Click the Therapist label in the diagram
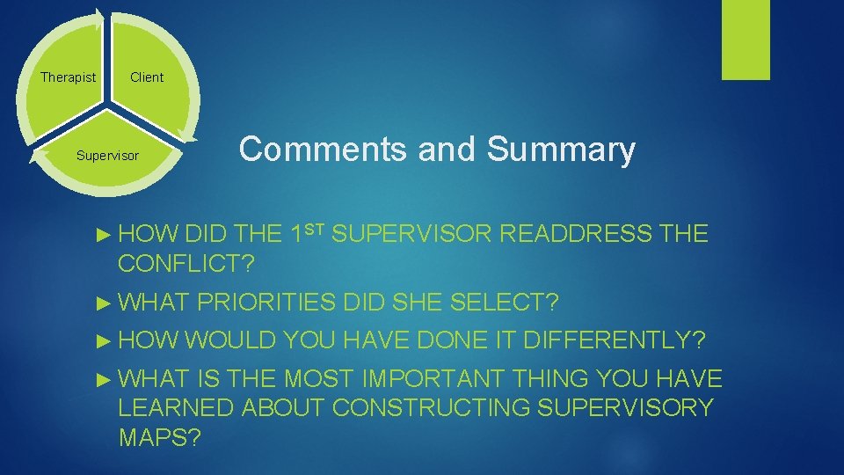[x=69, y=77]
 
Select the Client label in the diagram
[x=147, y=77]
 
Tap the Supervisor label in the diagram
[x=107, y=156]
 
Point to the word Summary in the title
[x=560, y=150]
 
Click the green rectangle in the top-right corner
[x=746, y=40]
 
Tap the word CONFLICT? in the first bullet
[x=191, y=262]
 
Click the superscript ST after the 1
[x=318, y=228]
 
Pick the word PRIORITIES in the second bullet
[x=267, y=303]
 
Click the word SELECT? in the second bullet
[x=504, y=303]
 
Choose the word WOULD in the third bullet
[x=229, y=340]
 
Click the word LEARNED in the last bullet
[x=176, y=407]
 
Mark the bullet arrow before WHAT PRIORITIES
[x=104, y=303]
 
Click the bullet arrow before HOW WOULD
[x=104, y=340]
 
